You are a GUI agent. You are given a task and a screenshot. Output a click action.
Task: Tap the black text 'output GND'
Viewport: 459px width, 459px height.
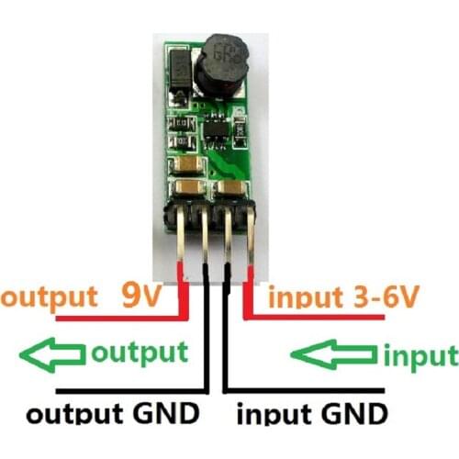tap(114, 412)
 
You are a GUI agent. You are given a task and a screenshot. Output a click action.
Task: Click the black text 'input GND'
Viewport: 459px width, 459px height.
tap(312, 412)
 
